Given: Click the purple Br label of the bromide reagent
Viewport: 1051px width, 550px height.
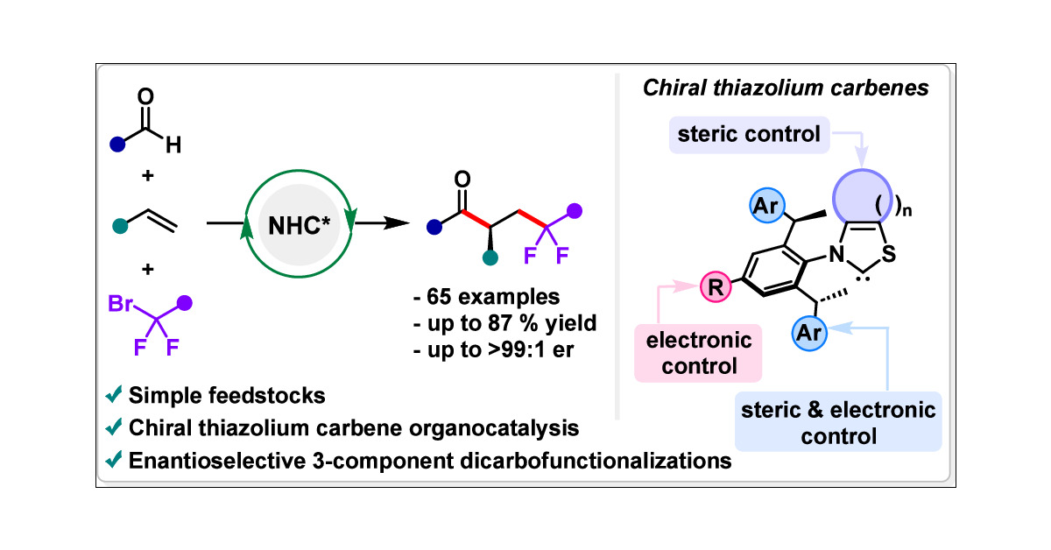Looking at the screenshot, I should pyautogui.click(x=121, y=306).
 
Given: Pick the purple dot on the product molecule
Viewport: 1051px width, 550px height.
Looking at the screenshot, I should pyautogui.click(x=575, y=210).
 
